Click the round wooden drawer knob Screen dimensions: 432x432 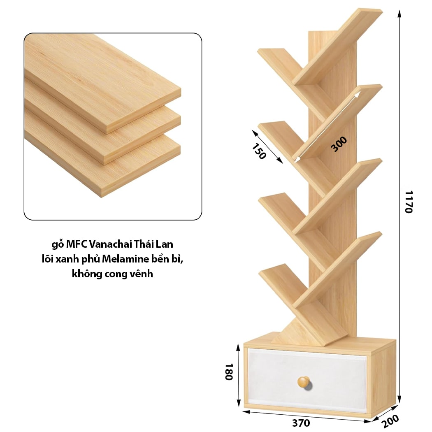[304, 382]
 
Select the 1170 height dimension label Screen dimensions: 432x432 [409, 202]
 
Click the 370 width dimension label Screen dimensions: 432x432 [301, 423]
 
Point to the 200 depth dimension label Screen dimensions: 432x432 [390, 421]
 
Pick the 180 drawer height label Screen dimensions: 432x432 [229, 372]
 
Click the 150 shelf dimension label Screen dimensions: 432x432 [259, 151]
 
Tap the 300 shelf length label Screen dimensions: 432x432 [339, 144]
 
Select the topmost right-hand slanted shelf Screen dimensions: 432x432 [337, 47]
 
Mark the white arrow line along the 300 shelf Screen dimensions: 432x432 [327, 126]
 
